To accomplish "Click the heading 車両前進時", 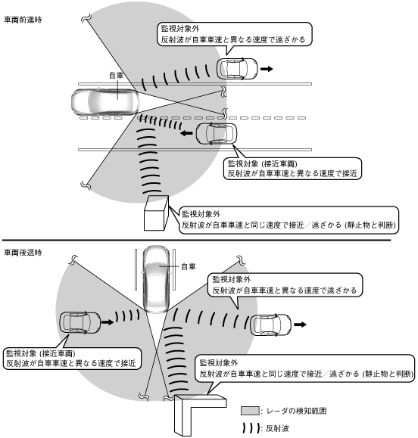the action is [x=23, y=20].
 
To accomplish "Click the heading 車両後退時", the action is [x=23, y=253].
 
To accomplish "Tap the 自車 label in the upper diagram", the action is [x=117, y=76].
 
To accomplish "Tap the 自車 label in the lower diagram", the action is [x=189, y=266].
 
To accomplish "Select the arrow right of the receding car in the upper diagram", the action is [x=267, y=68].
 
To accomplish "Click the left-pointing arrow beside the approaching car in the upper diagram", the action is [x=186, y=133].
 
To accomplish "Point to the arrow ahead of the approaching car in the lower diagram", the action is [x=108, y=322].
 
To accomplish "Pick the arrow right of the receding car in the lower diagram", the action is [x=301, y=325].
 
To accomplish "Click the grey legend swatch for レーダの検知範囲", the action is [x=250, y=411].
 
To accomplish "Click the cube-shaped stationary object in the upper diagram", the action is [x=156, y=213].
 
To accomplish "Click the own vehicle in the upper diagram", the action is [x=104, y=102].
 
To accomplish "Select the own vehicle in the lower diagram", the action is [x=156, y=279].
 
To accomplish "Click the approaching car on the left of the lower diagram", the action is [x=80, y=322].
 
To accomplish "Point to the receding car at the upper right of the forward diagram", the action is [x=237, y=69].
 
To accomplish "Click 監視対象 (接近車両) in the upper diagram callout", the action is [x=263, y=163].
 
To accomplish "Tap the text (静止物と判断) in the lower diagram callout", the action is [x=387, y=374].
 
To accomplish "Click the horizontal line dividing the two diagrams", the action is [x=196, y=240].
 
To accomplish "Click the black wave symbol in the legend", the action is [x=251, y=428].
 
